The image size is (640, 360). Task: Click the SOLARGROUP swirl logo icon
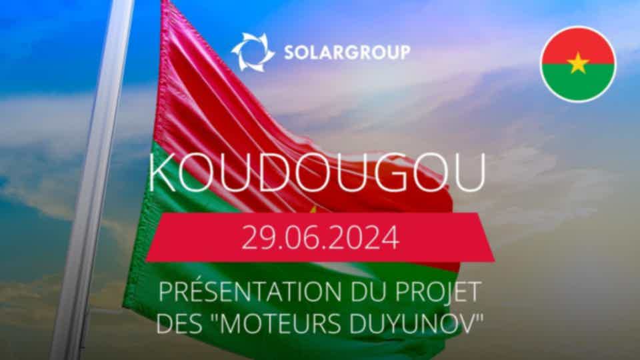coord(253,52)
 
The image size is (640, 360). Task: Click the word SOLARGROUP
coord(347,52)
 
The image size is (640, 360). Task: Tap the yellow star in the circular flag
coord(578,64)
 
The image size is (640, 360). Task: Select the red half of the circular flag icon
coord(578,45)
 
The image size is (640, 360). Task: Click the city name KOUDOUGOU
coord(317,172)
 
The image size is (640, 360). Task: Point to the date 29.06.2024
coord(321,237)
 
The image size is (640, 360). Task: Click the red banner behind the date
coord(321,237)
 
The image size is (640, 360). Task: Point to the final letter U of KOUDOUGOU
coord(471,172)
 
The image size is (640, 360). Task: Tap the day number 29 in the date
coord(256,237)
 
